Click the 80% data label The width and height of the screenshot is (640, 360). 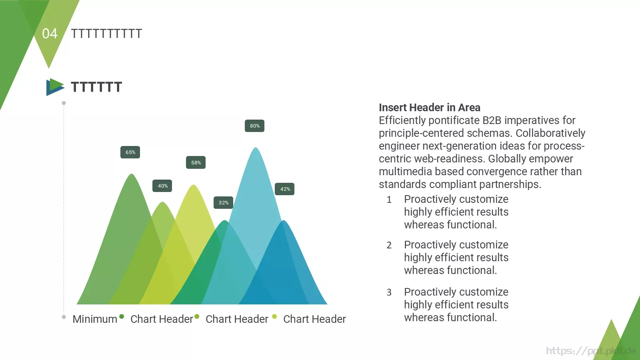pyautogui.click(x=255, y=126)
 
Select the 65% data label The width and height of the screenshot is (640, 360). pyautogui.click(x=130, y=152)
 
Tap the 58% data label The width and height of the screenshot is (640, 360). pyautogui.click(x=196, y=163)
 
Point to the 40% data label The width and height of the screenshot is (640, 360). pyautogui.click(x=162, y=186)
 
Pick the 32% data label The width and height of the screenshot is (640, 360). pyautogui.click(x=224, y=203)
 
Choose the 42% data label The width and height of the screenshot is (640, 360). pyautogui.click(x=285, y=189)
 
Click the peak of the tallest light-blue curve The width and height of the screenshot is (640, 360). pyautogui.click(x=256, y=149)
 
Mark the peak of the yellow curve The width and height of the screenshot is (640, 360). pyautogui.click(x=194, y=186)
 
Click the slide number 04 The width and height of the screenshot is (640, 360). pyautogui.click(x=50, y=34)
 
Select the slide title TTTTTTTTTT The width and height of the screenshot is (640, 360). pyautogui.click(x=106, y=34)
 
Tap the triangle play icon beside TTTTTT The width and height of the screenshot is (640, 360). pyautogui.click(x=55, y=87)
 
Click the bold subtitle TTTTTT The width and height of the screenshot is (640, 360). pyautogui.click(x=96, y=87)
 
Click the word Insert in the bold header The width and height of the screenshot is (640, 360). pyautogui.click(x=391, y=108)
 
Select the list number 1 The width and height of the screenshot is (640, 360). pyautogui.click(x=389, y=200)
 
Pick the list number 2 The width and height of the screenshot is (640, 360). pyautogui.click(x=389, y=245)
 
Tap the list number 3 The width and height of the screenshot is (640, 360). pyautogui.click(x=389, y=292)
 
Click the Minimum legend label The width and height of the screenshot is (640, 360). pyautogui.click(x=95, y=319)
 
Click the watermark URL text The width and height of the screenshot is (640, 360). pyautogui.click(x=591, y=351)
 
